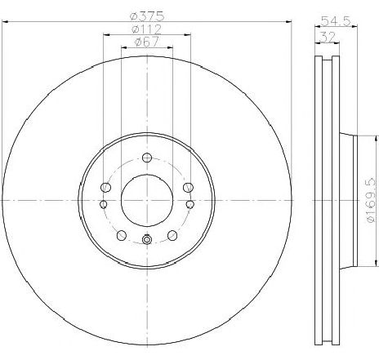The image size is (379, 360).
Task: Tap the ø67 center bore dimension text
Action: pos(148,44)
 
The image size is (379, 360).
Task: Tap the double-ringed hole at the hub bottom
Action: pos(146,239)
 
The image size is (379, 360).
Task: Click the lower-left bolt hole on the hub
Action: pos(122,235)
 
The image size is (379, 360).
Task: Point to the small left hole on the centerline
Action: pos(104,203)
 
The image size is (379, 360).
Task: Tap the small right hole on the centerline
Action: pos(189,203)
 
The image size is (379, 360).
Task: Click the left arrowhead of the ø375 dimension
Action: pos(5,22)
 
